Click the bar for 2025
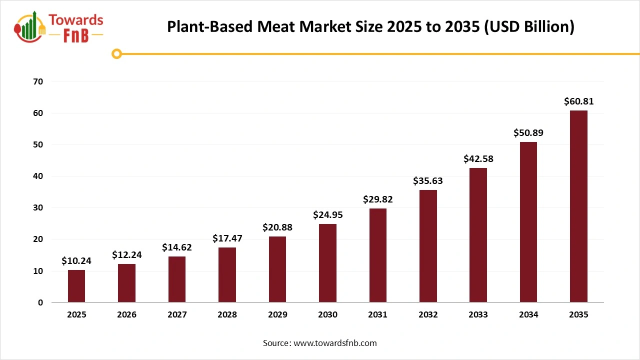(x=76, y=286)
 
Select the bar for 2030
(x=327, y=263)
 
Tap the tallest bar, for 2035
(x=578, y=206)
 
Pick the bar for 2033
(x=478, y=235)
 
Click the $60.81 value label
(x=578, y=101)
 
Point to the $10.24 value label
(x=76, y=260)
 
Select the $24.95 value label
(x=327, y=215)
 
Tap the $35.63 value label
(x=428, y=181)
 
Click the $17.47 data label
(x=227, y=238)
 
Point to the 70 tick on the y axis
(x=37, y=81)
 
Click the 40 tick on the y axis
(x=37, y=176)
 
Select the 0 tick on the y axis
(x=40, y=302)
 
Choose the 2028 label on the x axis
(x=227, y=315)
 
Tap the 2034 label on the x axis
(x=528, y=315)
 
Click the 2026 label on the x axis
(x=126, y=315)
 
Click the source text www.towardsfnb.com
(x=335, y=343)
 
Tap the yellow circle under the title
(x=116, y=53)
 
